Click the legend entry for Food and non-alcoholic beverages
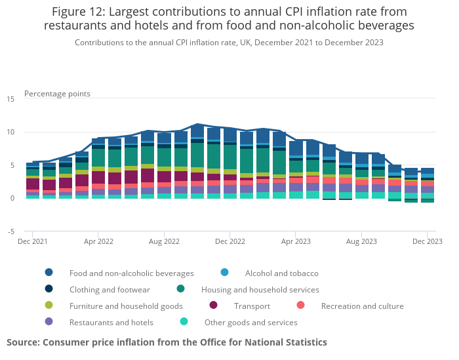[131, 273]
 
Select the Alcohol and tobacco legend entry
[281, 273]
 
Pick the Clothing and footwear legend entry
[110, 289]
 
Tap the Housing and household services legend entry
[260, 289]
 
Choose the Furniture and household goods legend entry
[126, 306]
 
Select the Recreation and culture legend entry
[362, 306]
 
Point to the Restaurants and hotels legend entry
[111, 322]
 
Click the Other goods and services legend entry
[250, 322]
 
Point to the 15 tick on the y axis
[10, 99]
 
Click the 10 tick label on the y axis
[10, 132]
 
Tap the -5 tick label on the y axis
[10, 231]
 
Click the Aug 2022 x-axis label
[164, 241]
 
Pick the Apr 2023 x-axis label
[296, 241]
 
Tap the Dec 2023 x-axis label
[427, 241]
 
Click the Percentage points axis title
[57, 93]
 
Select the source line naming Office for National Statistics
[167, 342]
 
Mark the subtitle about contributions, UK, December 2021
[229, 42]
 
